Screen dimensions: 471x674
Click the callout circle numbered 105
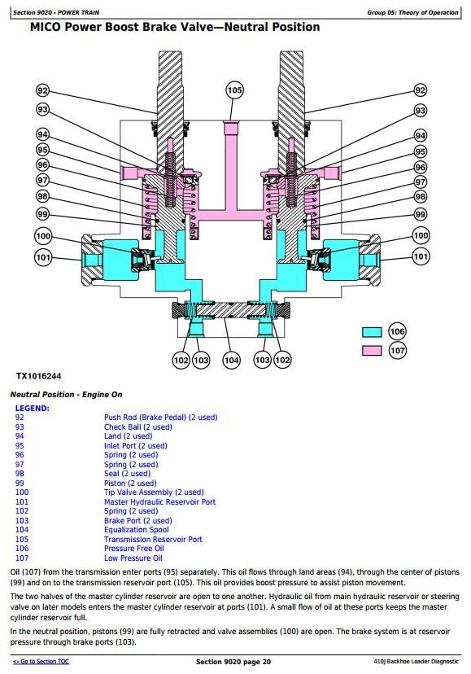click(x=234, y=90)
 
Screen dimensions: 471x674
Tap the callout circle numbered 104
click(x=231, y=360)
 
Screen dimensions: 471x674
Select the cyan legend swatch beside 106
click(x=372, y=332)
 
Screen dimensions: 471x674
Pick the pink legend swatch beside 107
click(x=372, y=351)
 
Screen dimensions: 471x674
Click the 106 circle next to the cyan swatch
click(x=397, y=331)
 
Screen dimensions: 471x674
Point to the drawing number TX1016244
click(x=39, y=376)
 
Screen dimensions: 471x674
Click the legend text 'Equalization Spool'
click(x=136, y=530)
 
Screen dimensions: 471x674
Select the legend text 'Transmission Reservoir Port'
click(x=153, y=539)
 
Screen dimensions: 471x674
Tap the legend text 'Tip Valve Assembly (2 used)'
click(x=154, y=492)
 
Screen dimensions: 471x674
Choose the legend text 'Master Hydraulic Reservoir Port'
click(x=160, y=501)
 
